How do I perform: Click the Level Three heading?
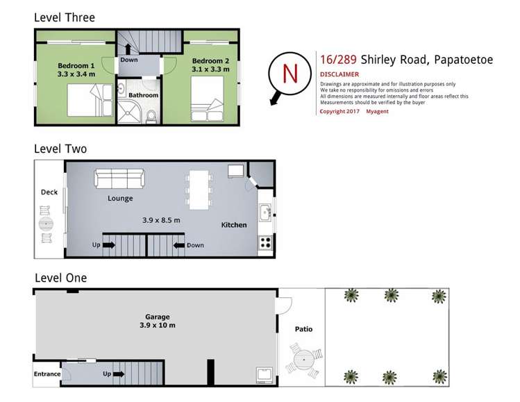click(65, 17)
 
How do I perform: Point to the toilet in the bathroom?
click(152, 117)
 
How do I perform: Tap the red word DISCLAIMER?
click(339, 74)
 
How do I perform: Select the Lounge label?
click(120, 198)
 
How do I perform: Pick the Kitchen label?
click(234, 225)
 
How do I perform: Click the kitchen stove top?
click(265, 243)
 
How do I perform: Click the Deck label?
click(49, 192)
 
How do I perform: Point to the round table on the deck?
click(46, 224)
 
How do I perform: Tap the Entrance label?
click(47, 374)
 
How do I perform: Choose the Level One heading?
click(60, 278)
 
